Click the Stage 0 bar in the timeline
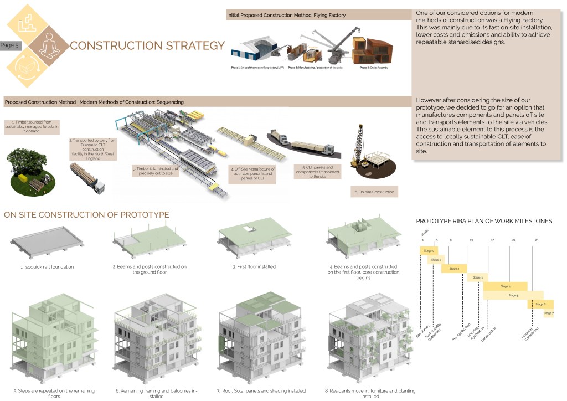coord(428,250)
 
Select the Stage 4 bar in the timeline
coord(505,286)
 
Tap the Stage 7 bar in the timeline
coord(548,313)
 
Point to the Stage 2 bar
coord(454,268)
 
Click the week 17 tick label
coord(492,240)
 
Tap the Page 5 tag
coord(10,45)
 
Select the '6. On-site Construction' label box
coord(375,192)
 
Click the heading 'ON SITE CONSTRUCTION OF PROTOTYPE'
coord(86,215)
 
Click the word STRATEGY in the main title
coord(189,45)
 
